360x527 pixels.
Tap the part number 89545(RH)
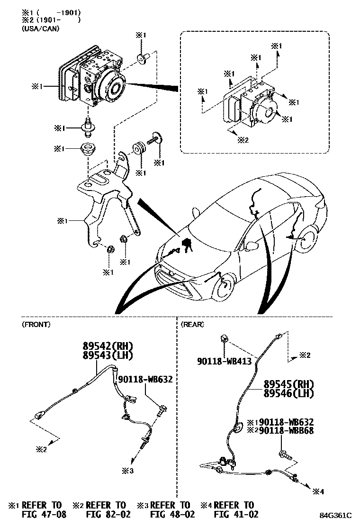(289, 384)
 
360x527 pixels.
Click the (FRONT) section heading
(36, 325)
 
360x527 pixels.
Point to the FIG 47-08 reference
(44, 514)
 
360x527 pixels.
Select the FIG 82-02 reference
(108, 514)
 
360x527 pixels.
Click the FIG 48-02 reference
(172, 514)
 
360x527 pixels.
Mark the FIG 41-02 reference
(235, 514)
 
